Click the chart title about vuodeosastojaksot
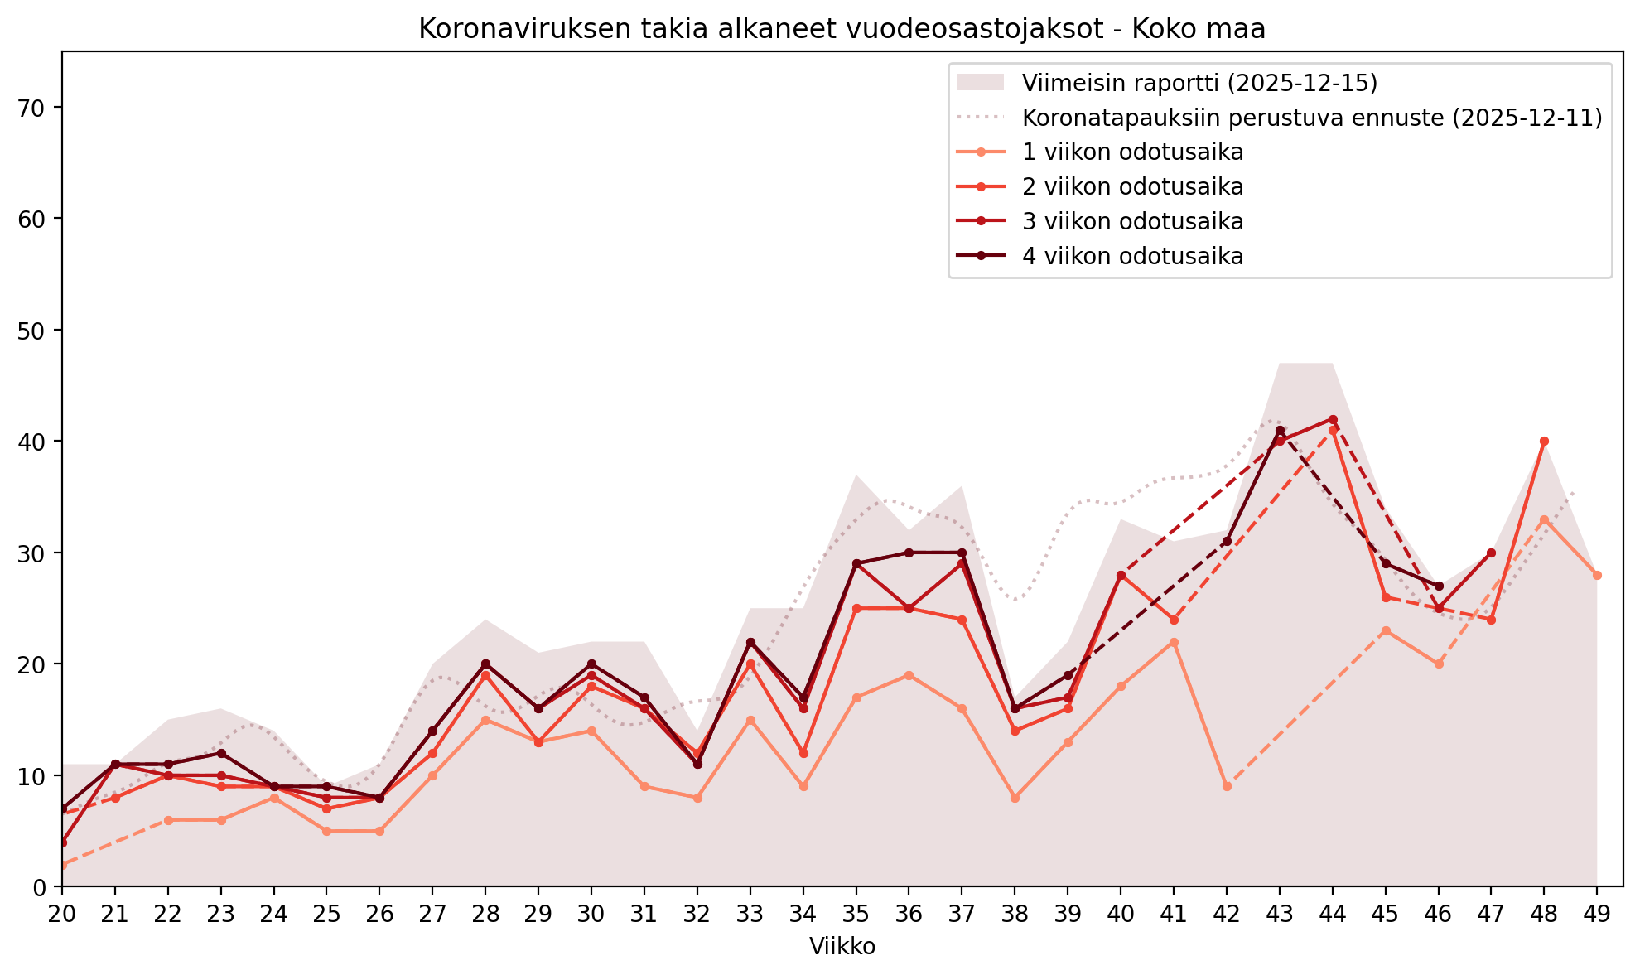click(x=842, y=29)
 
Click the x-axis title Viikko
click(x=842, y=946)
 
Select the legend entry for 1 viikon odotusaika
click(x=1132, y=152)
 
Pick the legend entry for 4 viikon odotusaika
click(x=1132, y=257)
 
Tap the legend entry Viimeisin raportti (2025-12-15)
click(x=1199, y=83)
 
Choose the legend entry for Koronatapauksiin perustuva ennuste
click(x=1312, y=118)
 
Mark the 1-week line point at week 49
click(x=1597, y=575)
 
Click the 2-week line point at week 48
click(x=1544, y=442)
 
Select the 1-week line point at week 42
click(x=1227, y=786)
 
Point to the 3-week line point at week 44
click(x=1333, y=419)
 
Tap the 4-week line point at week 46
click(x=1439, y=586)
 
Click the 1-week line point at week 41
click(x=1174, y=642)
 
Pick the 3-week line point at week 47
click(x=1491, y=553)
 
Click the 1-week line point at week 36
click(x=909, y=675)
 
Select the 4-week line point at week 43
click(x=1280, y=430)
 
